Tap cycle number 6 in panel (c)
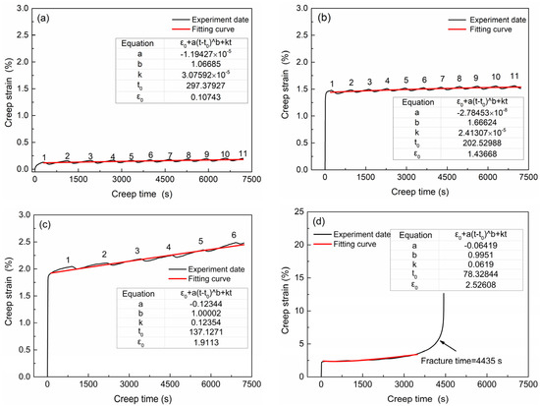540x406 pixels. pyautogui.click(x=233, y=234)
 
